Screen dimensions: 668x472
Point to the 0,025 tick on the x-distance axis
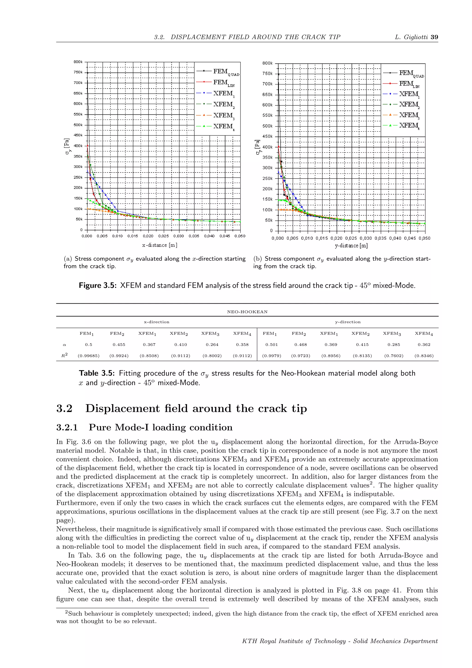(163, 236)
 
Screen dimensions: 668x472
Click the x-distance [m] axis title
(159, 245)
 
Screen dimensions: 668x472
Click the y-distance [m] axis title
(351, 246)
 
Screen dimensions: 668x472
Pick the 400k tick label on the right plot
(267, 147)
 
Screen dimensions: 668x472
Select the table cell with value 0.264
(212, 344)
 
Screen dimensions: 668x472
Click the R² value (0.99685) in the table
(89, 355)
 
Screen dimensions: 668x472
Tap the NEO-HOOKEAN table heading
(247, 312)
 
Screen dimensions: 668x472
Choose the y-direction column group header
(348, 322)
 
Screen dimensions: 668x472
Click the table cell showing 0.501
(271, 344)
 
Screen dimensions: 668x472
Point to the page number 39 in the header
(434, 37)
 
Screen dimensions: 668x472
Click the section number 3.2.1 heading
(67, 427)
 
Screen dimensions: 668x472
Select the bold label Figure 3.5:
(98, 285)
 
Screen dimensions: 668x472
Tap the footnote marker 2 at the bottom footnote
(66, 612)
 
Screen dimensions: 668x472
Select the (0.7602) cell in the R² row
(394, 355)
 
